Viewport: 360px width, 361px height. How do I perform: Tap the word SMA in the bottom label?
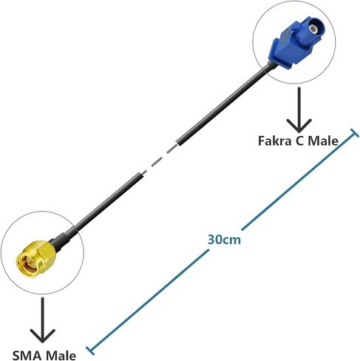pos(27,356)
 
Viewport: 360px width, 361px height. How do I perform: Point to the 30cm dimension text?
pos(224,240)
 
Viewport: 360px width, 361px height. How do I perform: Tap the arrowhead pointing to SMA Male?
pos(42,336)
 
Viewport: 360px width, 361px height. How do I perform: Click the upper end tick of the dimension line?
pos(354,133)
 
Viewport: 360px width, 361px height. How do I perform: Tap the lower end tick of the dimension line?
pos(90,351)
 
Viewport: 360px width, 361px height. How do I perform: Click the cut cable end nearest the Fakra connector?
pos(180,142)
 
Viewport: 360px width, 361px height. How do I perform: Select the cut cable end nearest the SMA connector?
pos(140,175)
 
